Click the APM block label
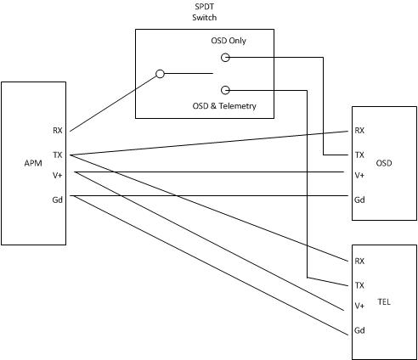click(33, 163)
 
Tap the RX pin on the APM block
click(58, 131)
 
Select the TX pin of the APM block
click(58, 155)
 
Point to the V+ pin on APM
click(58, 176)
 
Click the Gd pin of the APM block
click(58, 200)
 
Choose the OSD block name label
click(384, 163)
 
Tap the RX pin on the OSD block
click(359, 131)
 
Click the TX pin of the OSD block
click(359, 155)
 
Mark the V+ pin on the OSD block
click(359, 176)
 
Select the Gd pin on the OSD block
click(359, 200)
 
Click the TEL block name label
click(384, 302)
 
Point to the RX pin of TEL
click(359, 261)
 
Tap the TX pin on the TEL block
click(359, 285)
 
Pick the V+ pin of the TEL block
click(359, 306)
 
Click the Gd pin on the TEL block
click(359, 330)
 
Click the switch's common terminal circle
click(160, 70)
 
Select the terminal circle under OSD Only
click(225, 54)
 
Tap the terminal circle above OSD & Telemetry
click(225, 87)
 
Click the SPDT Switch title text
click(205, 12)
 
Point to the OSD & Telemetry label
click(224, 106)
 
